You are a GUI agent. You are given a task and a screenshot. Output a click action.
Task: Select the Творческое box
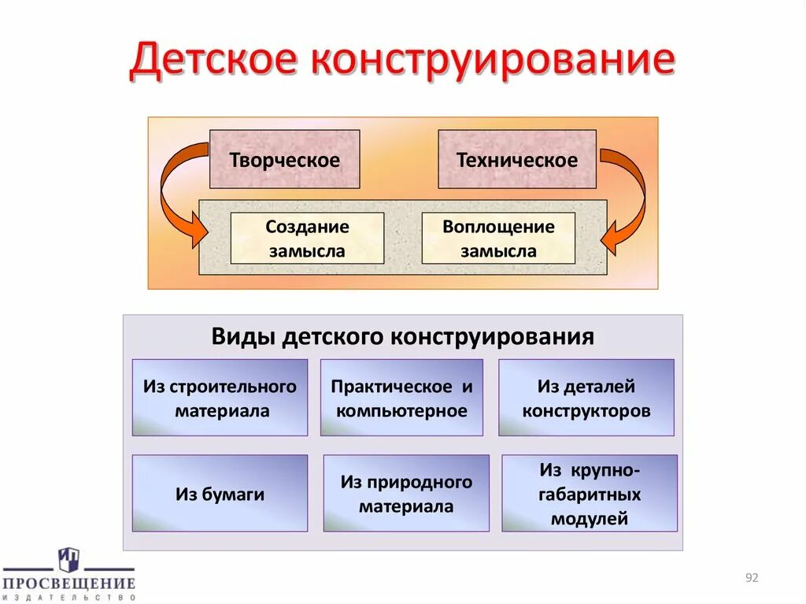pos(284,160)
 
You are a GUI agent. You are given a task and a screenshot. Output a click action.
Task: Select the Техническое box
pos(516,160)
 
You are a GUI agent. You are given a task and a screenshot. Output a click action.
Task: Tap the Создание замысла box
pos(307,239)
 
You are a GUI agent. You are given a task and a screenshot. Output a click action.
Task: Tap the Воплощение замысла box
pos(498,239)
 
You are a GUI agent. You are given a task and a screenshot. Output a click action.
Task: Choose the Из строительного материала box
pos(220,398)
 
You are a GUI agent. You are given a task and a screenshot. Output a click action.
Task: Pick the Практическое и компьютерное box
pos(401,398)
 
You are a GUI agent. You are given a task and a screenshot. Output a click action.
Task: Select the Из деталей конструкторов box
pos(586,398)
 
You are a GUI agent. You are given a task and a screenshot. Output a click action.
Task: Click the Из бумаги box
pos(220,494)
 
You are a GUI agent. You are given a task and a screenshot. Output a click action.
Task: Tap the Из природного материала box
pos(406,494)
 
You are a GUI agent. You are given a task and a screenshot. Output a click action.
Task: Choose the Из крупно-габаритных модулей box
pos(590,494)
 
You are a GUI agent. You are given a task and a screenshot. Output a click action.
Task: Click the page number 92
pos(751,579)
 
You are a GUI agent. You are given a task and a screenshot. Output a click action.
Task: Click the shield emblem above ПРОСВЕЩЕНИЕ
pos(68,559)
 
